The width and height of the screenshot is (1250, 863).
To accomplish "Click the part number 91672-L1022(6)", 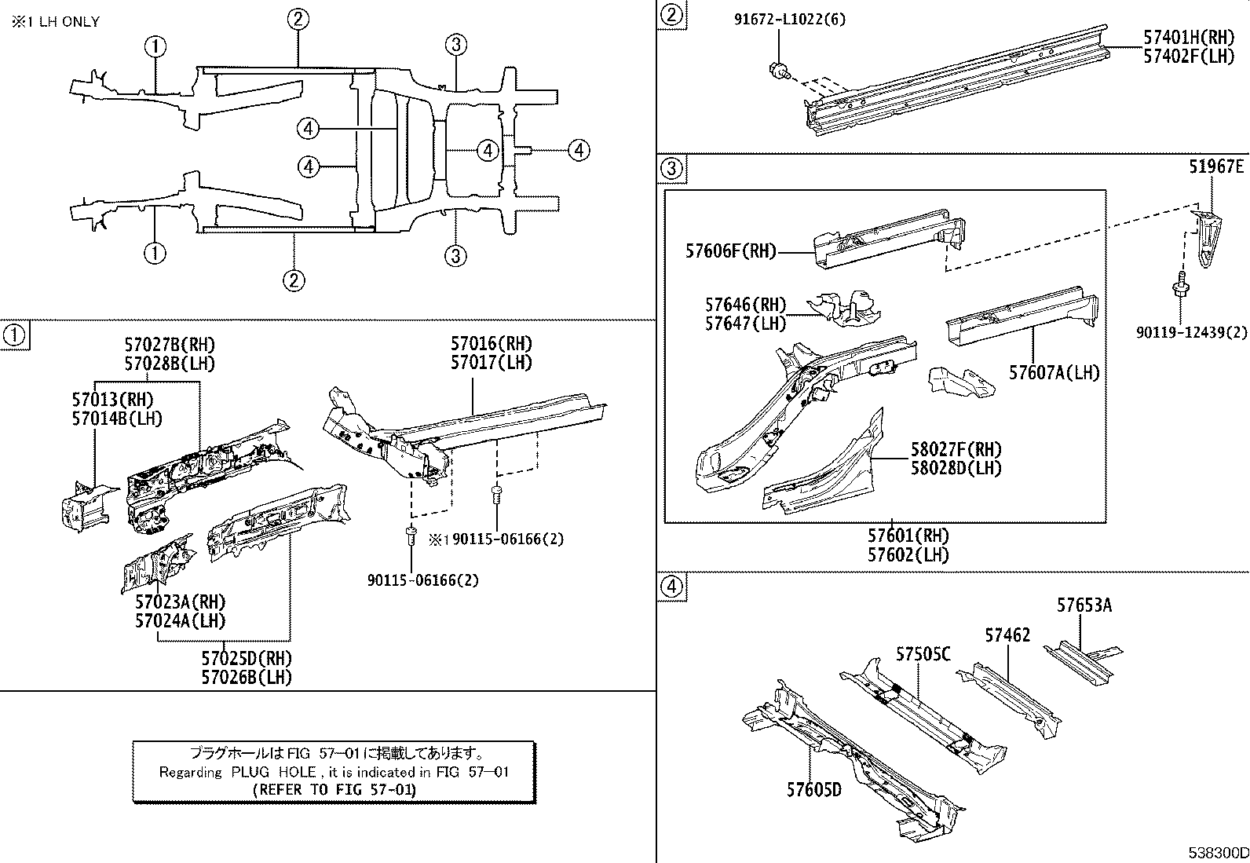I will coord(790,19).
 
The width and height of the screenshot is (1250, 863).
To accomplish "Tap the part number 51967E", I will coord(1215,167).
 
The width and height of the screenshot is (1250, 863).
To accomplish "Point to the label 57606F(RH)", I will coord(730,251).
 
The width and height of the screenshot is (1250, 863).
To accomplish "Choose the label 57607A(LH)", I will coord(1054,372).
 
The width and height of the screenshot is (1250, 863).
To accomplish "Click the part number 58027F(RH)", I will coord(956,449).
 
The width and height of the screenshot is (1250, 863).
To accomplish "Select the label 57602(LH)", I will coord(908,554).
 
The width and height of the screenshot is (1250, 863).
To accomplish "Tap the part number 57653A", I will coord(1084,605).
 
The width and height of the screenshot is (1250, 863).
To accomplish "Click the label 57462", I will coord(1007,635).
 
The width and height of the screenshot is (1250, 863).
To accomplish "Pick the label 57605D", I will coord(814,789).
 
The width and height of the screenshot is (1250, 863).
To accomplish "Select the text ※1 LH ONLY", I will coord(55,21).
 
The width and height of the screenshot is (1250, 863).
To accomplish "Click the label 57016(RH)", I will coord(492,344).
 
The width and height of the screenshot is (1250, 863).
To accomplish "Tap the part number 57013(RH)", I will coord(113,400).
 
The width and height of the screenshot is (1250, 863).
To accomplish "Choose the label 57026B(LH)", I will coord(247,677).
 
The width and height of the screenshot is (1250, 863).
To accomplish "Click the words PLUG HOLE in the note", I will coord(273,772).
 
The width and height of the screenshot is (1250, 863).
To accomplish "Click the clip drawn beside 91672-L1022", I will coord(777,70).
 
